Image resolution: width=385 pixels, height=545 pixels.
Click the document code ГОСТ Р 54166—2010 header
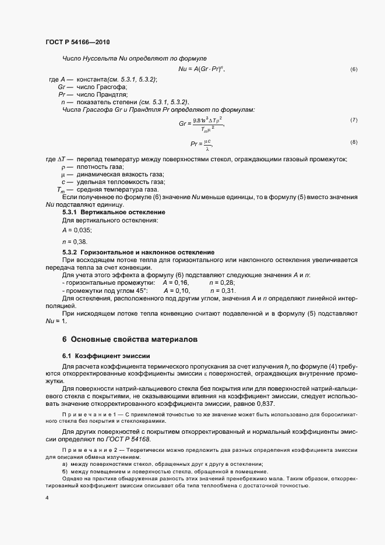[77, 43]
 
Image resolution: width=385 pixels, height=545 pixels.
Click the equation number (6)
[354, 69]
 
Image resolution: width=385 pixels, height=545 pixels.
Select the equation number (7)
[354, 119]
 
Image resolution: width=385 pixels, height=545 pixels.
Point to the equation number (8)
[354, 142]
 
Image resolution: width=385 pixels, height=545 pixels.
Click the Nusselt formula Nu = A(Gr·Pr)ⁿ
[202, 69]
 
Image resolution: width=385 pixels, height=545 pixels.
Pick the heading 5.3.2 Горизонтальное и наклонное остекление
[138, 252]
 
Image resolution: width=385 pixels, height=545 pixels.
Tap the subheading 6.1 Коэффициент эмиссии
[106, 355]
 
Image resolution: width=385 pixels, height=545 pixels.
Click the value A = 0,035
[77, 230]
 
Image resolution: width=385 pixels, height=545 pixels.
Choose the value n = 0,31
[222, 290]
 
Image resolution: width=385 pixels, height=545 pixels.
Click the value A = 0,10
[177, 290]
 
